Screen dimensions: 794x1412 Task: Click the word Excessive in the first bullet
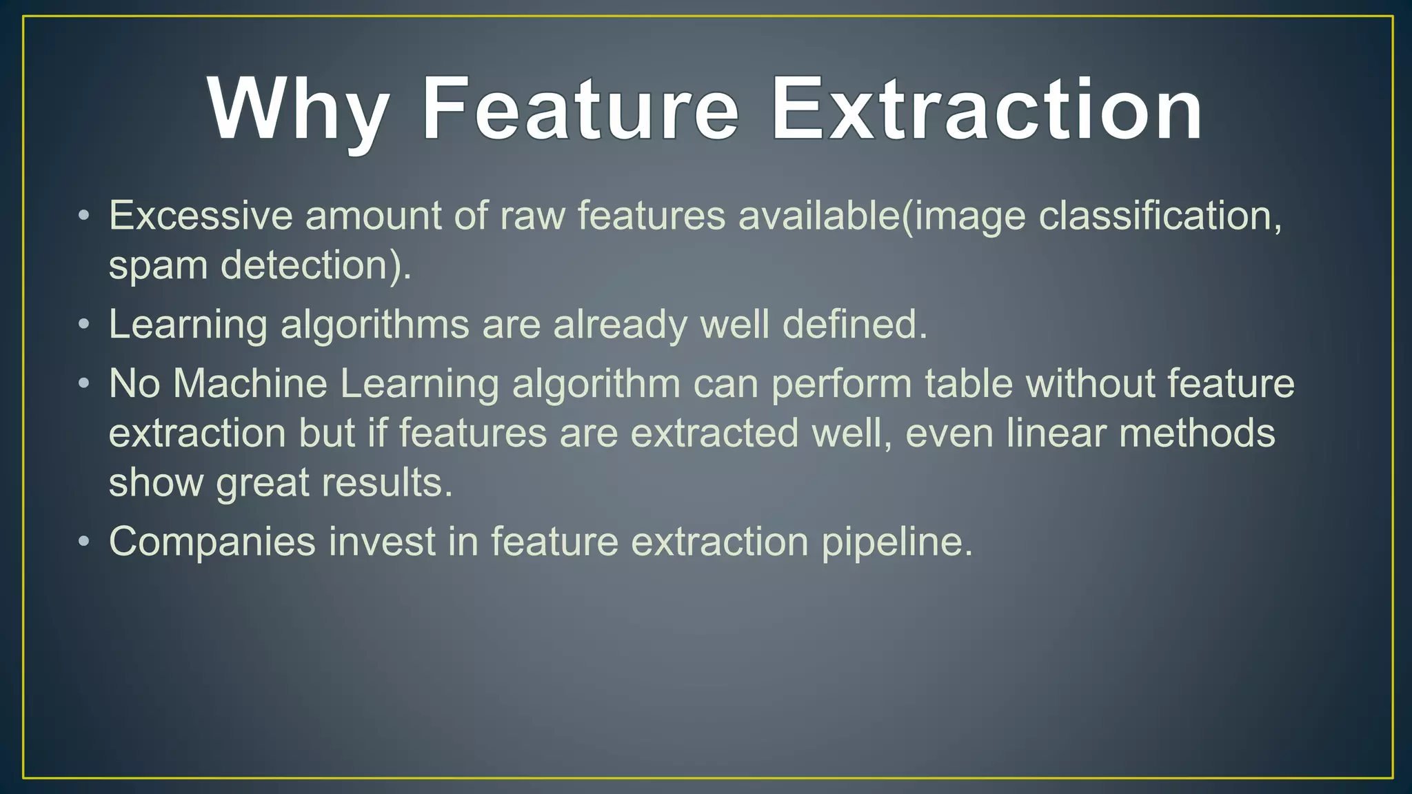click(201, 215)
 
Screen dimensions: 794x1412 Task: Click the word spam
click(158, 265)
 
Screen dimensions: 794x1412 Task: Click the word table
click(969, 383)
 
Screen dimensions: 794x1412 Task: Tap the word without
click(1090, 383)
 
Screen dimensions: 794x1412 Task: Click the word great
click(263, 482)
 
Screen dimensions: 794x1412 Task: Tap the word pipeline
click(897, 541)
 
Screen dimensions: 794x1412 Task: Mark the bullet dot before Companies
click(83, 541)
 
